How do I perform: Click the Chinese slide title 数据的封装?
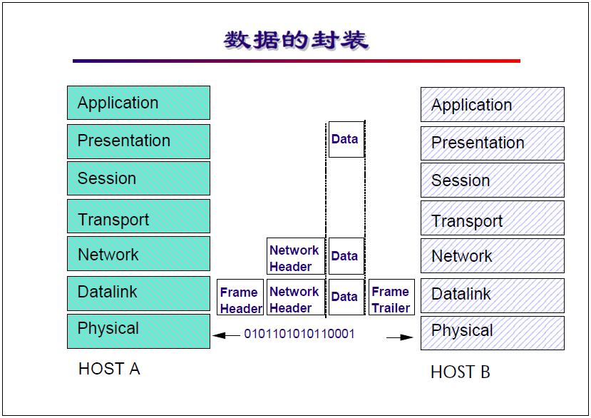click(296, 39)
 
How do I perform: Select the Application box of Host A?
click(138, 103)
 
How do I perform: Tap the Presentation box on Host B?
click(492, 143)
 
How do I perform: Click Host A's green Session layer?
click(138, 178)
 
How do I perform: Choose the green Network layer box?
click(138, 254)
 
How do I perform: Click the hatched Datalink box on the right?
click(492, 295)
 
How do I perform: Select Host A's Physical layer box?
click(138, 330)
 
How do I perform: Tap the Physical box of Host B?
click(492, 332)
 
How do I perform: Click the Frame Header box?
click(240, 300)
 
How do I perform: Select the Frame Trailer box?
click(391, 299)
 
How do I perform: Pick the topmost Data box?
click(345, 140)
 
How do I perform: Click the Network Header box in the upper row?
click(295, 258)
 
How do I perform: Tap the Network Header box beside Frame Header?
click(295, 299)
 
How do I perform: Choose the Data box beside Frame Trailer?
click(345, 297)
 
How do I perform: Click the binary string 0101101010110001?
click(299, 334)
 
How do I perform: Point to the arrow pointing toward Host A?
click(226, 335)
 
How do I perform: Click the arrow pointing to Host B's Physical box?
click(400, 337)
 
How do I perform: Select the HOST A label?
click(108, 369)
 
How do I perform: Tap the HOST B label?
click(460, 372)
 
